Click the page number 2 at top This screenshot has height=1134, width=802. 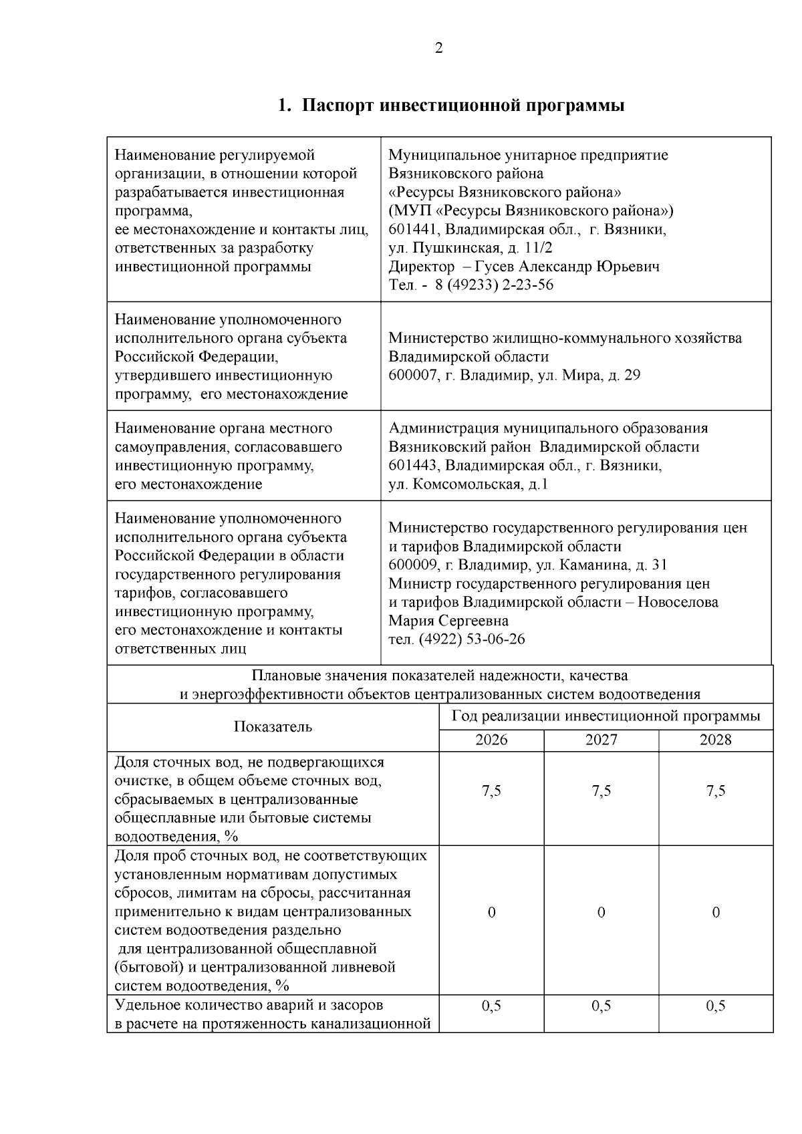438,48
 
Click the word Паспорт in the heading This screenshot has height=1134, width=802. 335,106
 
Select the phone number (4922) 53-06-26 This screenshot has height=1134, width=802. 472,640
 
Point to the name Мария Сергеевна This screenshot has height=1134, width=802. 448,621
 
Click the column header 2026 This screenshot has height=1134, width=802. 491,740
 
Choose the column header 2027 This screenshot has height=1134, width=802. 601,740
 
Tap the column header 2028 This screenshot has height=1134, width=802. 715,740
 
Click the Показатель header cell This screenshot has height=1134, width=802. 273,727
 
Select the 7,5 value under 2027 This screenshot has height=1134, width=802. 601,791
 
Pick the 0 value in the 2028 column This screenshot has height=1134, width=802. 715,913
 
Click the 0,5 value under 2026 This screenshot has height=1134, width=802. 491,1006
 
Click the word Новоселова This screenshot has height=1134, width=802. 678,602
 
